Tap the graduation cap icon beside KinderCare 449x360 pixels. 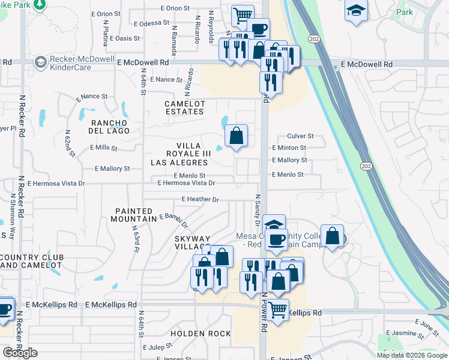click(41, 62)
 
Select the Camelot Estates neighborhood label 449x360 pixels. click(185, 107)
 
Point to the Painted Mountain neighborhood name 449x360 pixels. click(135, 215)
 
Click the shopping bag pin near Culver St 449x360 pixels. click(237, 136)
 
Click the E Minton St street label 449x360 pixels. click(289, 148)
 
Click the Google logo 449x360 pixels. click(20, 353)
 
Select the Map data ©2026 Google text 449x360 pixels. click(411, 355)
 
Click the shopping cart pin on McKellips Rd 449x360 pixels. click(277, 311)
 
